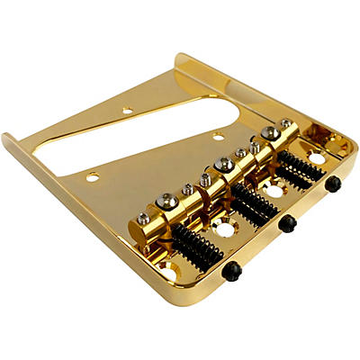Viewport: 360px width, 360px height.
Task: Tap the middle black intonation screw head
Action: (286, 222)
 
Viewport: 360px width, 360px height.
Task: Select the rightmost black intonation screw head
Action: (334, 184)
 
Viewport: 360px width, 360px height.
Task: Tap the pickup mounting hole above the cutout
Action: (127, 111)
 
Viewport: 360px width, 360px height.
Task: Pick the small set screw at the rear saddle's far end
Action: (284, 123)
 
